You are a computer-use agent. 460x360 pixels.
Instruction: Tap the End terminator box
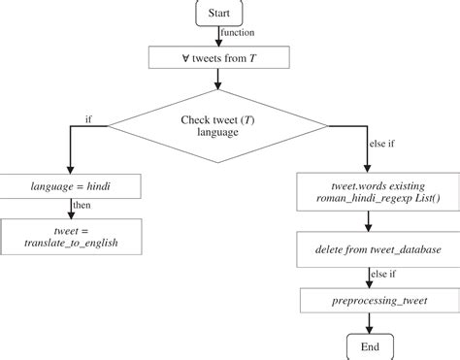tap(369, 346)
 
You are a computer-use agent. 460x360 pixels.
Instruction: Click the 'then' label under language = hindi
tap(84, 207)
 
